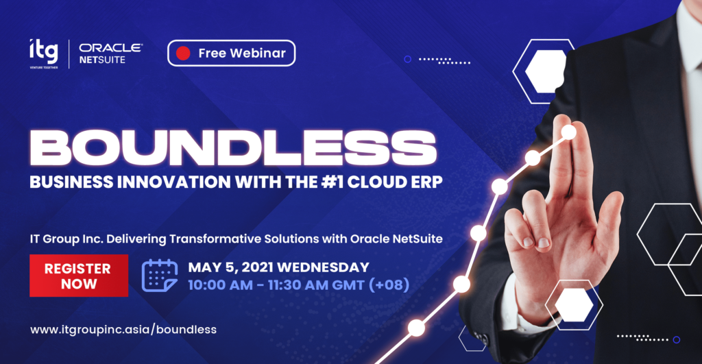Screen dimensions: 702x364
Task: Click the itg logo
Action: pyautogui.click(x=44, y=53)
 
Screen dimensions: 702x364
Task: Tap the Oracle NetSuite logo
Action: pyautogui.click(x=110, y=53)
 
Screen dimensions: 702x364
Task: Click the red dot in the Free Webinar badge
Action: pyautogui.click(x=183, y=53)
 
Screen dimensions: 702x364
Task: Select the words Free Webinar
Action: pyautogui.click(x=242, y=53)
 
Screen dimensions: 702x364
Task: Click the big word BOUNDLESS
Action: pyautogui.click(x=233, y=148)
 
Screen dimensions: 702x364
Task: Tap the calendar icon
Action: pyautogui.click(x=159, y=276)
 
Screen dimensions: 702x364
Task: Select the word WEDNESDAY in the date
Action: pyautogui.click(x=324, y=267)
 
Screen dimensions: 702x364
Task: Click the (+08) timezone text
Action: pyautogui.click(x=389, y=284)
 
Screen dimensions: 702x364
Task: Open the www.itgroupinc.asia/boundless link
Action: pyautogui.click(x=123, y=330)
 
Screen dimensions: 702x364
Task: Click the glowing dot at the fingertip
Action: pyautogui.click(x=568, y=132)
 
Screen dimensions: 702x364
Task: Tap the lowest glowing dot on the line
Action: pyautogui.click(x=416, y=328)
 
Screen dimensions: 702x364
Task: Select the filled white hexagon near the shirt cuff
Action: pyautogui.click(x=574, y=305)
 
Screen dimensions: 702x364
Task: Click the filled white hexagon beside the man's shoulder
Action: pyautogui.click(x=545, y=71)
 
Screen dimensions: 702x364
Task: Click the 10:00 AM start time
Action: pyautogui.click(x=220, y=284)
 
